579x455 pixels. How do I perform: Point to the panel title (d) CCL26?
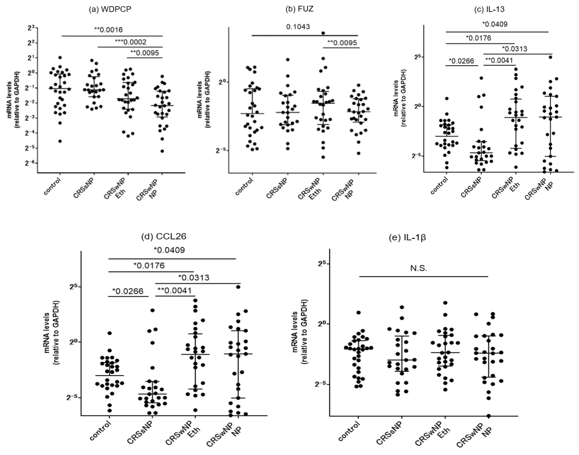click(164, 236)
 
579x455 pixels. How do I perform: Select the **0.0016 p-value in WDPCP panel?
click(108, 30)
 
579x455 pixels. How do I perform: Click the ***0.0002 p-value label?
click(131, 42)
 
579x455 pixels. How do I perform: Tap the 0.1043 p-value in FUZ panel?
click(298, 27)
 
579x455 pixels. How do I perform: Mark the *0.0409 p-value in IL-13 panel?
click(495, 24)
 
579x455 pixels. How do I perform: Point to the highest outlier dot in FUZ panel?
click(323, 33)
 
